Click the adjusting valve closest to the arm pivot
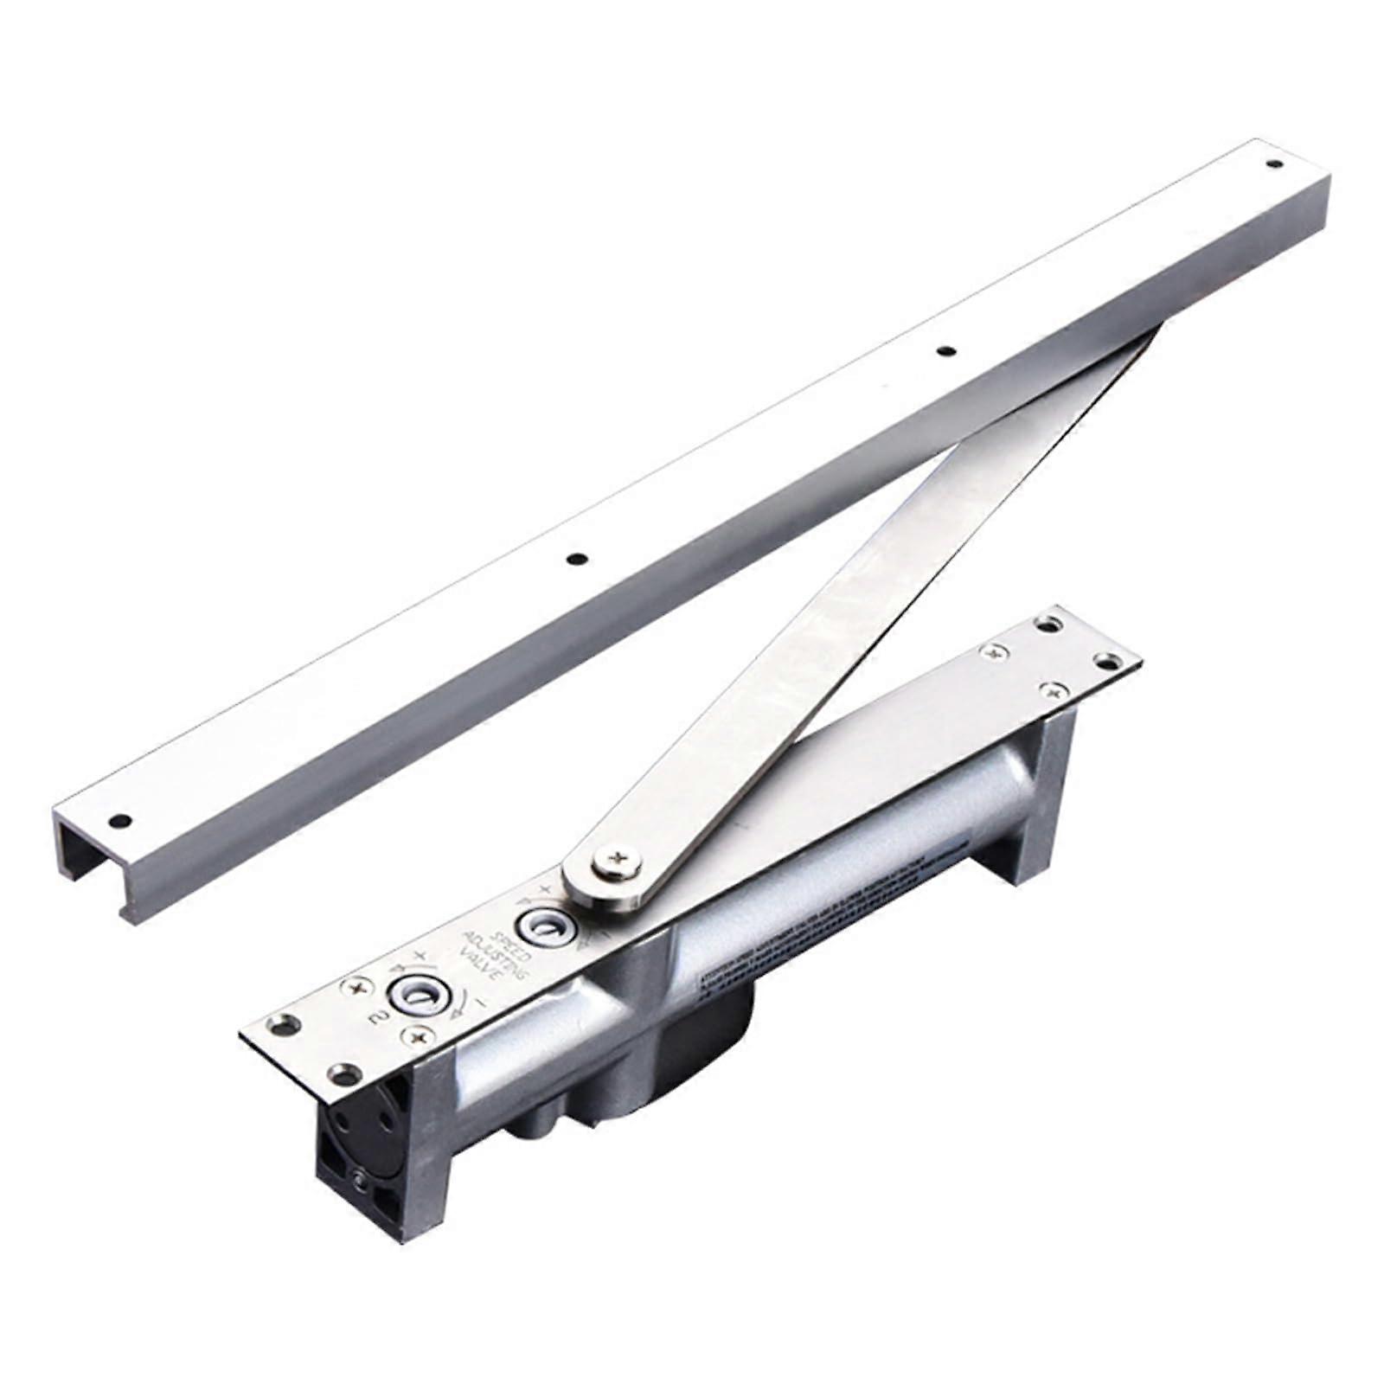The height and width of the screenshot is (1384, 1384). coord(541,926)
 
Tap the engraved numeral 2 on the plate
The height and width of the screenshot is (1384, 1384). coord(378,1019)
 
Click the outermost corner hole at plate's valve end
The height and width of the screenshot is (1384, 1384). coord(283,1026)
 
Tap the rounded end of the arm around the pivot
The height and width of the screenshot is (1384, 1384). coord(597,874)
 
